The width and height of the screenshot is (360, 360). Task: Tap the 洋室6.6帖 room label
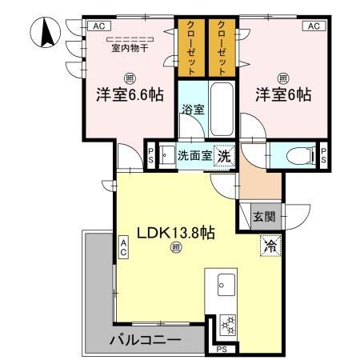click(130, 94)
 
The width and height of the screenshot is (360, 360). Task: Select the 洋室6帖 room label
click(282, 94)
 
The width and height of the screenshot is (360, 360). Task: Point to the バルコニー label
click(145, 340)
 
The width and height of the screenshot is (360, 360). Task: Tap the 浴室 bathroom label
click(192, 110)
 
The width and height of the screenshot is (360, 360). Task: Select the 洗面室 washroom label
click(194, 155)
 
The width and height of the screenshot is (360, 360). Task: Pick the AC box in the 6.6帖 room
click(98, 26)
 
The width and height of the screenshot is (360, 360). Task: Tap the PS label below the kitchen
click(221, 349)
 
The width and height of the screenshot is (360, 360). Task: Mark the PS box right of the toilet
click(323, 154)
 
